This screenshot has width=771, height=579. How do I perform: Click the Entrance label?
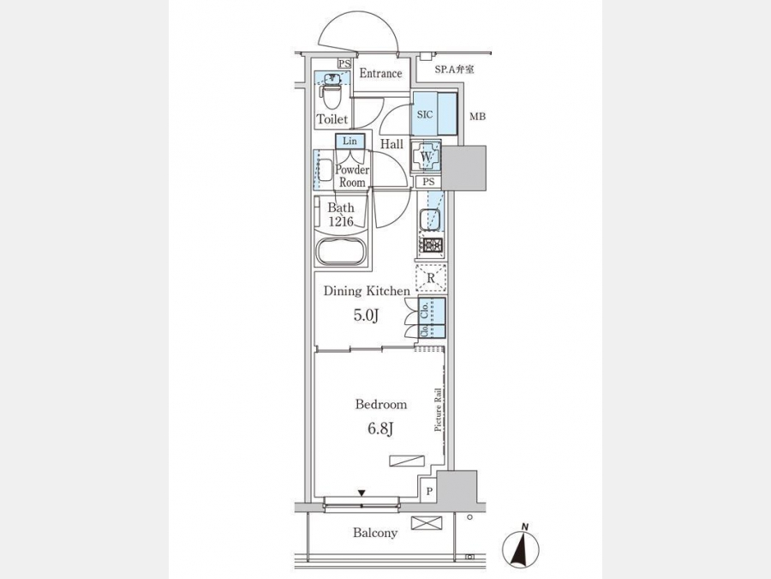380,74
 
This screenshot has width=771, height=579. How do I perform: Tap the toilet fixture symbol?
330,90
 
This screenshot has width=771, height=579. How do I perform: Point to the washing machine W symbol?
426,156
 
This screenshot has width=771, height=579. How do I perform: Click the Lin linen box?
350,141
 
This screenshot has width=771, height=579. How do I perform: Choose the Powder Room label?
351,176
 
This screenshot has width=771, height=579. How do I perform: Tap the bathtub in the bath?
342,253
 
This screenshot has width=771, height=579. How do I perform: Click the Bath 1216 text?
340,214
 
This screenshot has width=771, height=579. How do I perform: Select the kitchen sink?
430,220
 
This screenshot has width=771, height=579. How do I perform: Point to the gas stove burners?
431,246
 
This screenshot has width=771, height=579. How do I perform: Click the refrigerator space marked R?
431,278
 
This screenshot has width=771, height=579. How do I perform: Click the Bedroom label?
380,404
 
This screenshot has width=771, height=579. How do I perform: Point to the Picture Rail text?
437,411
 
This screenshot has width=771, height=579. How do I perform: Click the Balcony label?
375,533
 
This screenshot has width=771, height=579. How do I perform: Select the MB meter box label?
477,116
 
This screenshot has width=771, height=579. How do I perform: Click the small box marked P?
428,492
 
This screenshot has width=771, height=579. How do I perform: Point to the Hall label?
392,145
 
